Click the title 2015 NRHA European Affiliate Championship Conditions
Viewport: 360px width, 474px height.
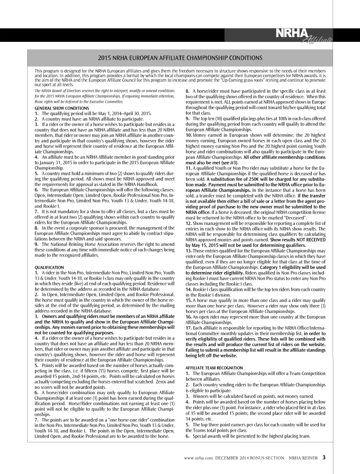click(x=180, y=58)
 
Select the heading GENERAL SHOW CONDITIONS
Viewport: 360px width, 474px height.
click(x=62, y=108)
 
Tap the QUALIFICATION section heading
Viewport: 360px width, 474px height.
click(x=49, y=267)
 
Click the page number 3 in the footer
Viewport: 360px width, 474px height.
click(x=324, y=457)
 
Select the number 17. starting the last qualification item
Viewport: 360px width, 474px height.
click(x=188, y=328)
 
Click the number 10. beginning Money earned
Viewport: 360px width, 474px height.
click(x=189, y=135)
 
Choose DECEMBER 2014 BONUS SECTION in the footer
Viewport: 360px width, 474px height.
click(x=250, y=458)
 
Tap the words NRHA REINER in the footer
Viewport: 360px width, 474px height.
click(x=303, y=458)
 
